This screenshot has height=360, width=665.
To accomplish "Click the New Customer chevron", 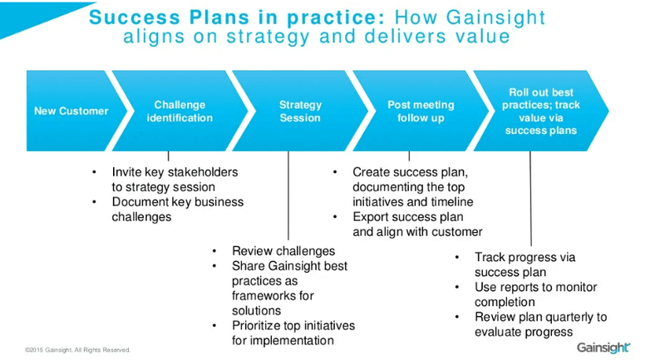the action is point(72,111).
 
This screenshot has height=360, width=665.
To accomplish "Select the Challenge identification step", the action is point(180,111).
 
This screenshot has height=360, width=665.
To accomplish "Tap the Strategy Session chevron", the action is point(300,111).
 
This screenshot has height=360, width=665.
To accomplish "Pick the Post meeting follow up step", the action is point(421,111).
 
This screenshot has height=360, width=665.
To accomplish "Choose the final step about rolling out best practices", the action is point(541,111).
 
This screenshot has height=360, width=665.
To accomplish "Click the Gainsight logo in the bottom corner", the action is point(603,348).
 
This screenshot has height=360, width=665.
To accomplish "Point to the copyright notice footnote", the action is point(77,350).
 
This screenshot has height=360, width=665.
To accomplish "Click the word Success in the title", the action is point(135,17).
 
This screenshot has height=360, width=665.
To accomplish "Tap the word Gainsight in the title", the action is point(495,17).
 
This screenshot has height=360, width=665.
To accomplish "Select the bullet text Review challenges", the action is point(283,251).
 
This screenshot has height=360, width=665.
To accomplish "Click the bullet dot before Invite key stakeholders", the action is point(94,172).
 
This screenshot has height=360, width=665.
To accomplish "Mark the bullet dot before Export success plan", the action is point(335,217).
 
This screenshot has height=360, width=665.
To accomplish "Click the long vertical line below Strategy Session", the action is point(288,195).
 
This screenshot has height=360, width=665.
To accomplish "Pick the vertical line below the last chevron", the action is point(530,199).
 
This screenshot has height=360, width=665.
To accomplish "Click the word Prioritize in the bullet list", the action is point(256,326).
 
